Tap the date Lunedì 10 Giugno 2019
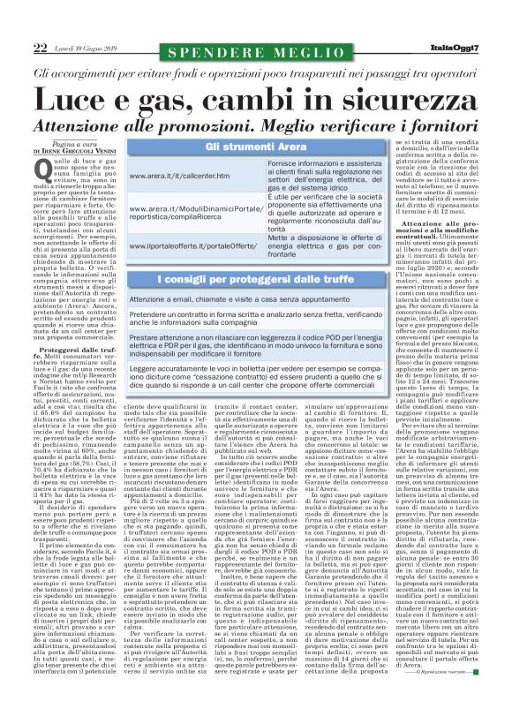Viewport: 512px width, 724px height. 84,49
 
